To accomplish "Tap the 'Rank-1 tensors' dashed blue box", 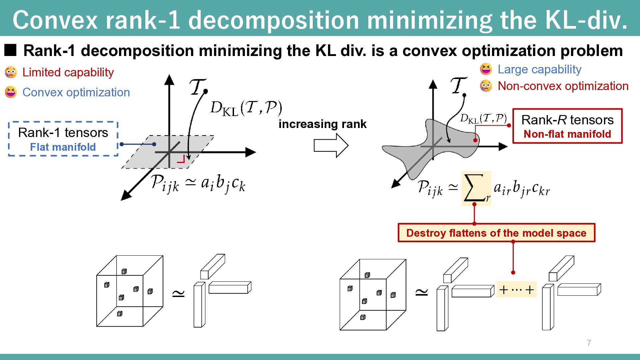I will coord(63,139).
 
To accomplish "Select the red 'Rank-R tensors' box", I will coord(567,126).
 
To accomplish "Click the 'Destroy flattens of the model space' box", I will coord(496,233).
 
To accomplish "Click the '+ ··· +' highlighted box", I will coord(516,289).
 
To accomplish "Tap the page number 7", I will coord(589,343).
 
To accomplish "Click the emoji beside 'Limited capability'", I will coord(11,72).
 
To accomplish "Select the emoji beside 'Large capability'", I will coord(486,69).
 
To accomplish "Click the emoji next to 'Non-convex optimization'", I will coord(486,86).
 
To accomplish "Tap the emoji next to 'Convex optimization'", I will coord(11,92).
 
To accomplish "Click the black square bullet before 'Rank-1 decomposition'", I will coord(10,50).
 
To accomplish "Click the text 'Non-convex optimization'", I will coord(563,86).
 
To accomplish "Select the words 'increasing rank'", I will coord(322,124).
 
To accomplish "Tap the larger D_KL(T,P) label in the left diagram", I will coord(246,108).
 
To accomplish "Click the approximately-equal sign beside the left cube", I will coord(178,293).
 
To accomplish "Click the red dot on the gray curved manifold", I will coord(475,140).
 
